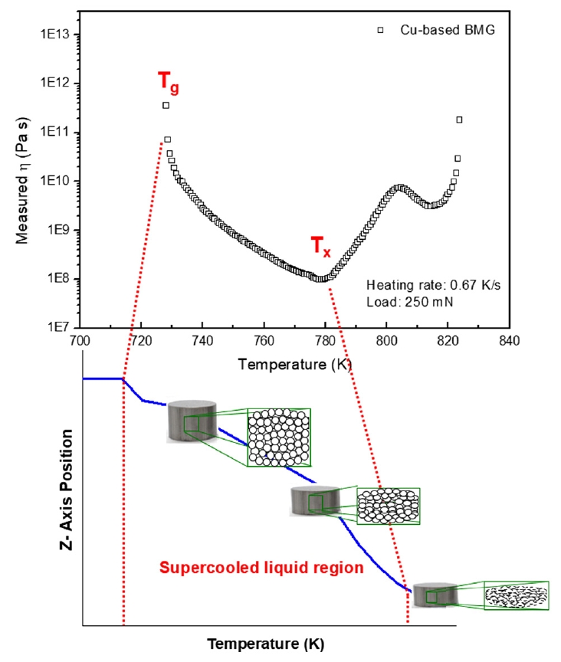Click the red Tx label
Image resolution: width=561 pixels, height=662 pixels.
322,247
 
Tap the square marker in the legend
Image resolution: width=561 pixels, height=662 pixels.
379,30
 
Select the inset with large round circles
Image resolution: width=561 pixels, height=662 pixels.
279,438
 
